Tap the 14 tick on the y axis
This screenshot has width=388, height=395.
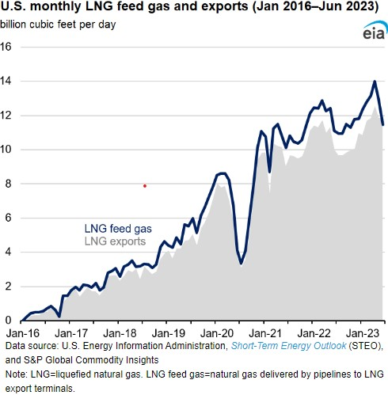(7, 81)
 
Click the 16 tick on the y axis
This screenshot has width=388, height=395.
(7, 47)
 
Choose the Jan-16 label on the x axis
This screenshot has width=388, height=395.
(19, 335)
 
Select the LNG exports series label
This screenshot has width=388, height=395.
(115, 241)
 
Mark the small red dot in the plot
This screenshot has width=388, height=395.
(145, 186)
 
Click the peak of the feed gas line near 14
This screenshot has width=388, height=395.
(375, 81)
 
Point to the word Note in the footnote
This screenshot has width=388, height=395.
(17, 376)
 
